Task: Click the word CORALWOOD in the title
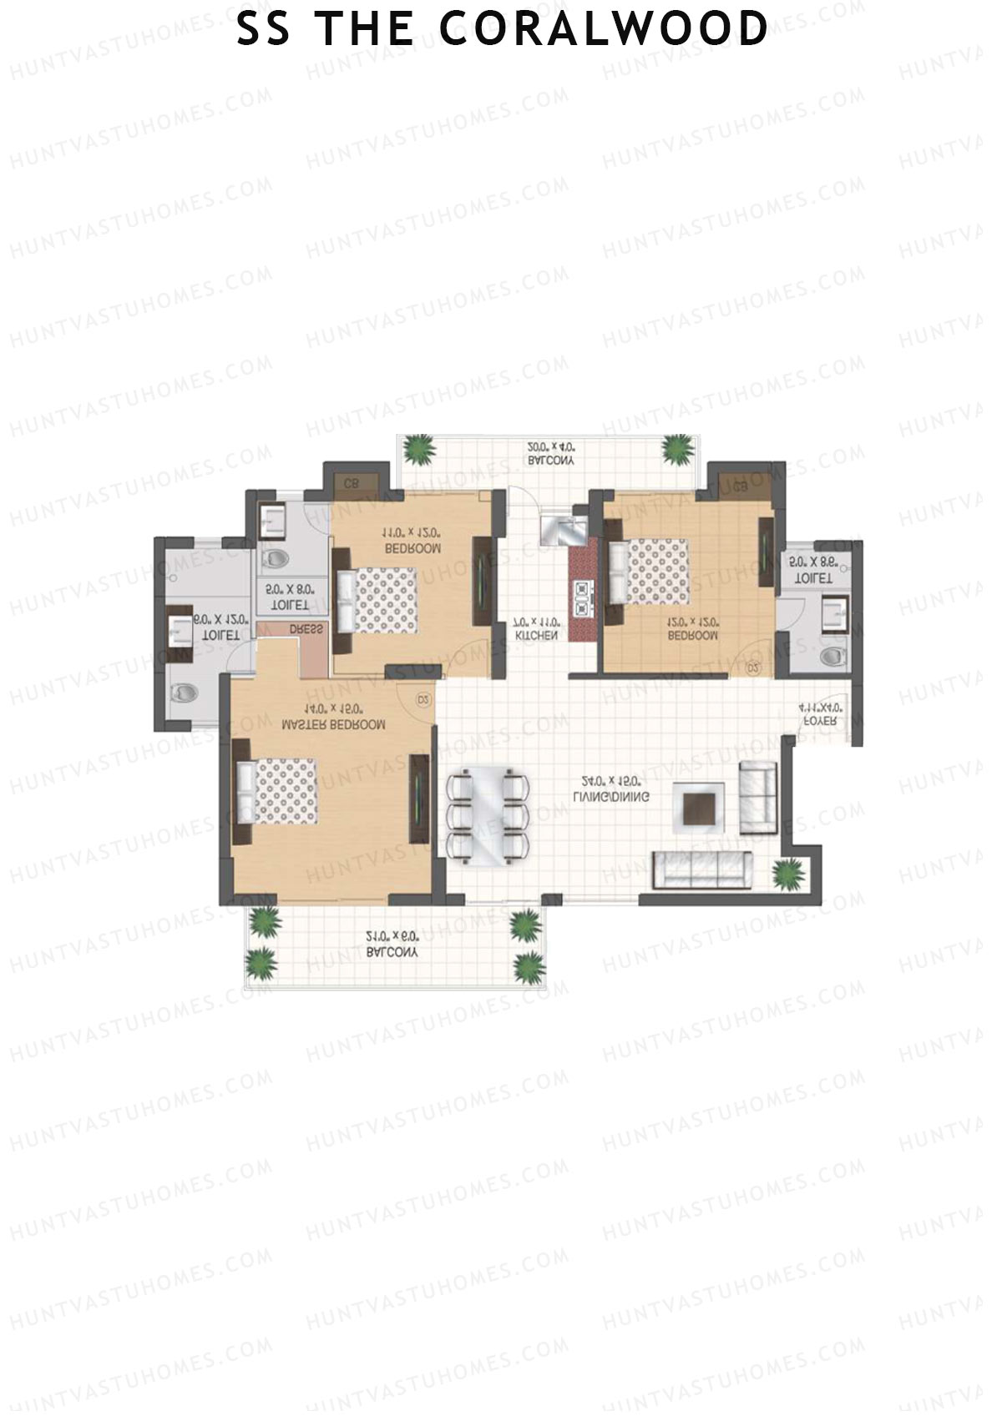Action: (x=603, y=29)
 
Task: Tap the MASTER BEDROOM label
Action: (x=333, y=725)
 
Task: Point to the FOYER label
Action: (x=820, y=720)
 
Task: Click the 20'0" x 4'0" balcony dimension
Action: (x=550, y=446)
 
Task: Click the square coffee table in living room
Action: (x=699, y=807)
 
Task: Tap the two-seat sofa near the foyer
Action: (x=758, y=797)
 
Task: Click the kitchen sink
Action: (x=564, y=529)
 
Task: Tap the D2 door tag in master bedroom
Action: (x=423, y=698)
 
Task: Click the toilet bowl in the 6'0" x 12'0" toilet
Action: (x=185, y=693)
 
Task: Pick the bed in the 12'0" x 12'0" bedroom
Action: (x=651, y=570)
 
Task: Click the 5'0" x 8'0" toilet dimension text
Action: (x=290, y=589)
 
